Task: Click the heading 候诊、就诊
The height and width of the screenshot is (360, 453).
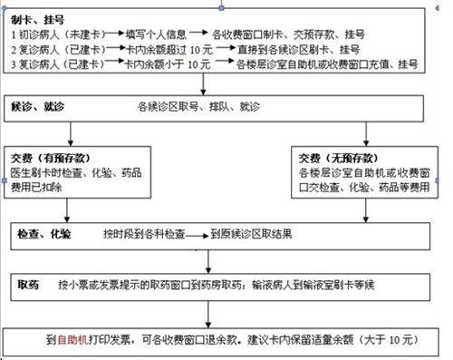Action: [x=37, y=107]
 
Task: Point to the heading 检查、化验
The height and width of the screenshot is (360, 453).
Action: [x=44, y=234]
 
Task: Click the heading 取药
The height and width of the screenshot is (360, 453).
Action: [x=27, y=284]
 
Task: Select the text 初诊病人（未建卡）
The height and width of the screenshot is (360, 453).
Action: [x=63, y=34]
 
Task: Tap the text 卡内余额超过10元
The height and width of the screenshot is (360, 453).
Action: [x=159, y=49]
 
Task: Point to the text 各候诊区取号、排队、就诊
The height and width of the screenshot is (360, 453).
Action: [x=195, y=107]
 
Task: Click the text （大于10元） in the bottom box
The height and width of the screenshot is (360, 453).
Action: [x=387, y=339]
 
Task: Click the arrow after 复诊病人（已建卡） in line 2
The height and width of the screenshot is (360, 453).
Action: [x=115, y=49]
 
